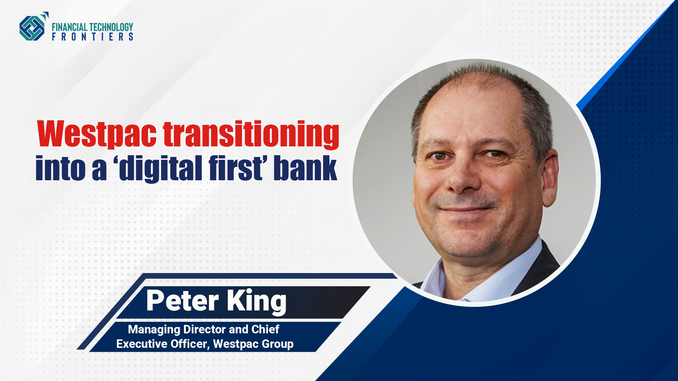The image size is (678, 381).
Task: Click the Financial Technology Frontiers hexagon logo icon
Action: point(33,27)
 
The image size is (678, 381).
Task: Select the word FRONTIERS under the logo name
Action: point(93,37)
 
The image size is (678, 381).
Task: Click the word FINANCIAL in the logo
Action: point(69,27)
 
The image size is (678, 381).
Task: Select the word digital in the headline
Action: point(161,169)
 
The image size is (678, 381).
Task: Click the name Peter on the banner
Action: point(183,301)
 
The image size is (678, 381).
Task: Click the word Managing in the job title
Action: point(154,330)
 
